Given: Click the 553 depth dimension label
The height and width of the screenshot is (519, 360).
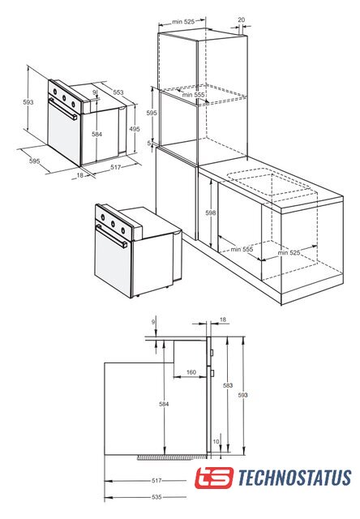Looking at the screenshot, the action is (118, 92).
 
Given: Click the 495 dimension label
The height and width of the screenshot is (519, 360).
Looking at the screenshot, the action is (135, 129).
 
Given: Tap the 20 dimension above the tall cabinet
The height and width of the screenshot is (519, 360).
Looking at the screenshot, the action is (242, 19).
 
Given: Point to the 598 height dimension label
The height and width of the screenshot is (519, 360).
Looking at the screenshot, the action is (211, 212).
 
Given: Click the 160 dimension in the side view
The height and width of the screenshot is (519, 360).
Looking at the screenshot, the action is (191, 372).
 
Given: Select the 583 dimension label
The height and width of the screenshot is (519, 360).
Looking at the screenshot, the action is (228, 385).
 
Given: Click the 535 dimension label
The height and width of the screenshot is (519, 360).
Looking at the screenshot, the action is (156, 497).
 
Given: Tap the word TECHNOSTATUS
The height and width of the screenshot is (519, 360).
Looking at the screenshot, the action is (294, 478).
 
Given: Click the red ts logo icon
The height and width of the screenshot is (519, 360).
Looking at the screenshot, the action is (214, 478).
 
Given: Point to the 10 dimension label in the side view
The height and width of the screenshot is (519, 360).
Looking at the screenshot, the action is (216, 441).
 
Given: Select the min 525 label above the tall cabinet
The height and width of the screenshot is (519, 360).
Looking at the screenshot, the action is (183, 22).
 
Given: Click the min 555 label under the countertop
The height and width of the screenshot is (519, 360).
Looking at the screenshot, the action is (242, 249).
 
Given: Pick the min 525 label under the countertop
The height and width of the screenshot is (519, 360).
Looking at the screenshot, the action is (289, 253).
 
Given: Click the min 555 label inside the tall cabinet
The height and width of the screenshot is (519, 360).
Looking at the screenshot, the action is (193, 95).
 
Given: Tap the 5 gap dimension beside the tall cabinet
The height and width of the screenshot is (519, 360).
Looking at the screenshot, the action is (149, 143).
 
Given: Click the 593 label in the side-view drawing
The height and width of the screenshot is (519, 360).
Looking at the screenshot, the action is (242, 395).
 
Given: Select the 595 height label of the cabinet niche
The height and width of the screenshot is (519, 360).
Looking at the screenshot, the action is (152, 113).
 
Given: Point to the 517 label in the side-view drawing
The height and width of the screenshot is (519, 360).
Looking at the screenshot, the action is (156, 481).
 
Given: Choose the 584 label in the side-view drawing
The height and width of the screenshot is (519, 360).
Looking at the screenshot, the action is (164, 404).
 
